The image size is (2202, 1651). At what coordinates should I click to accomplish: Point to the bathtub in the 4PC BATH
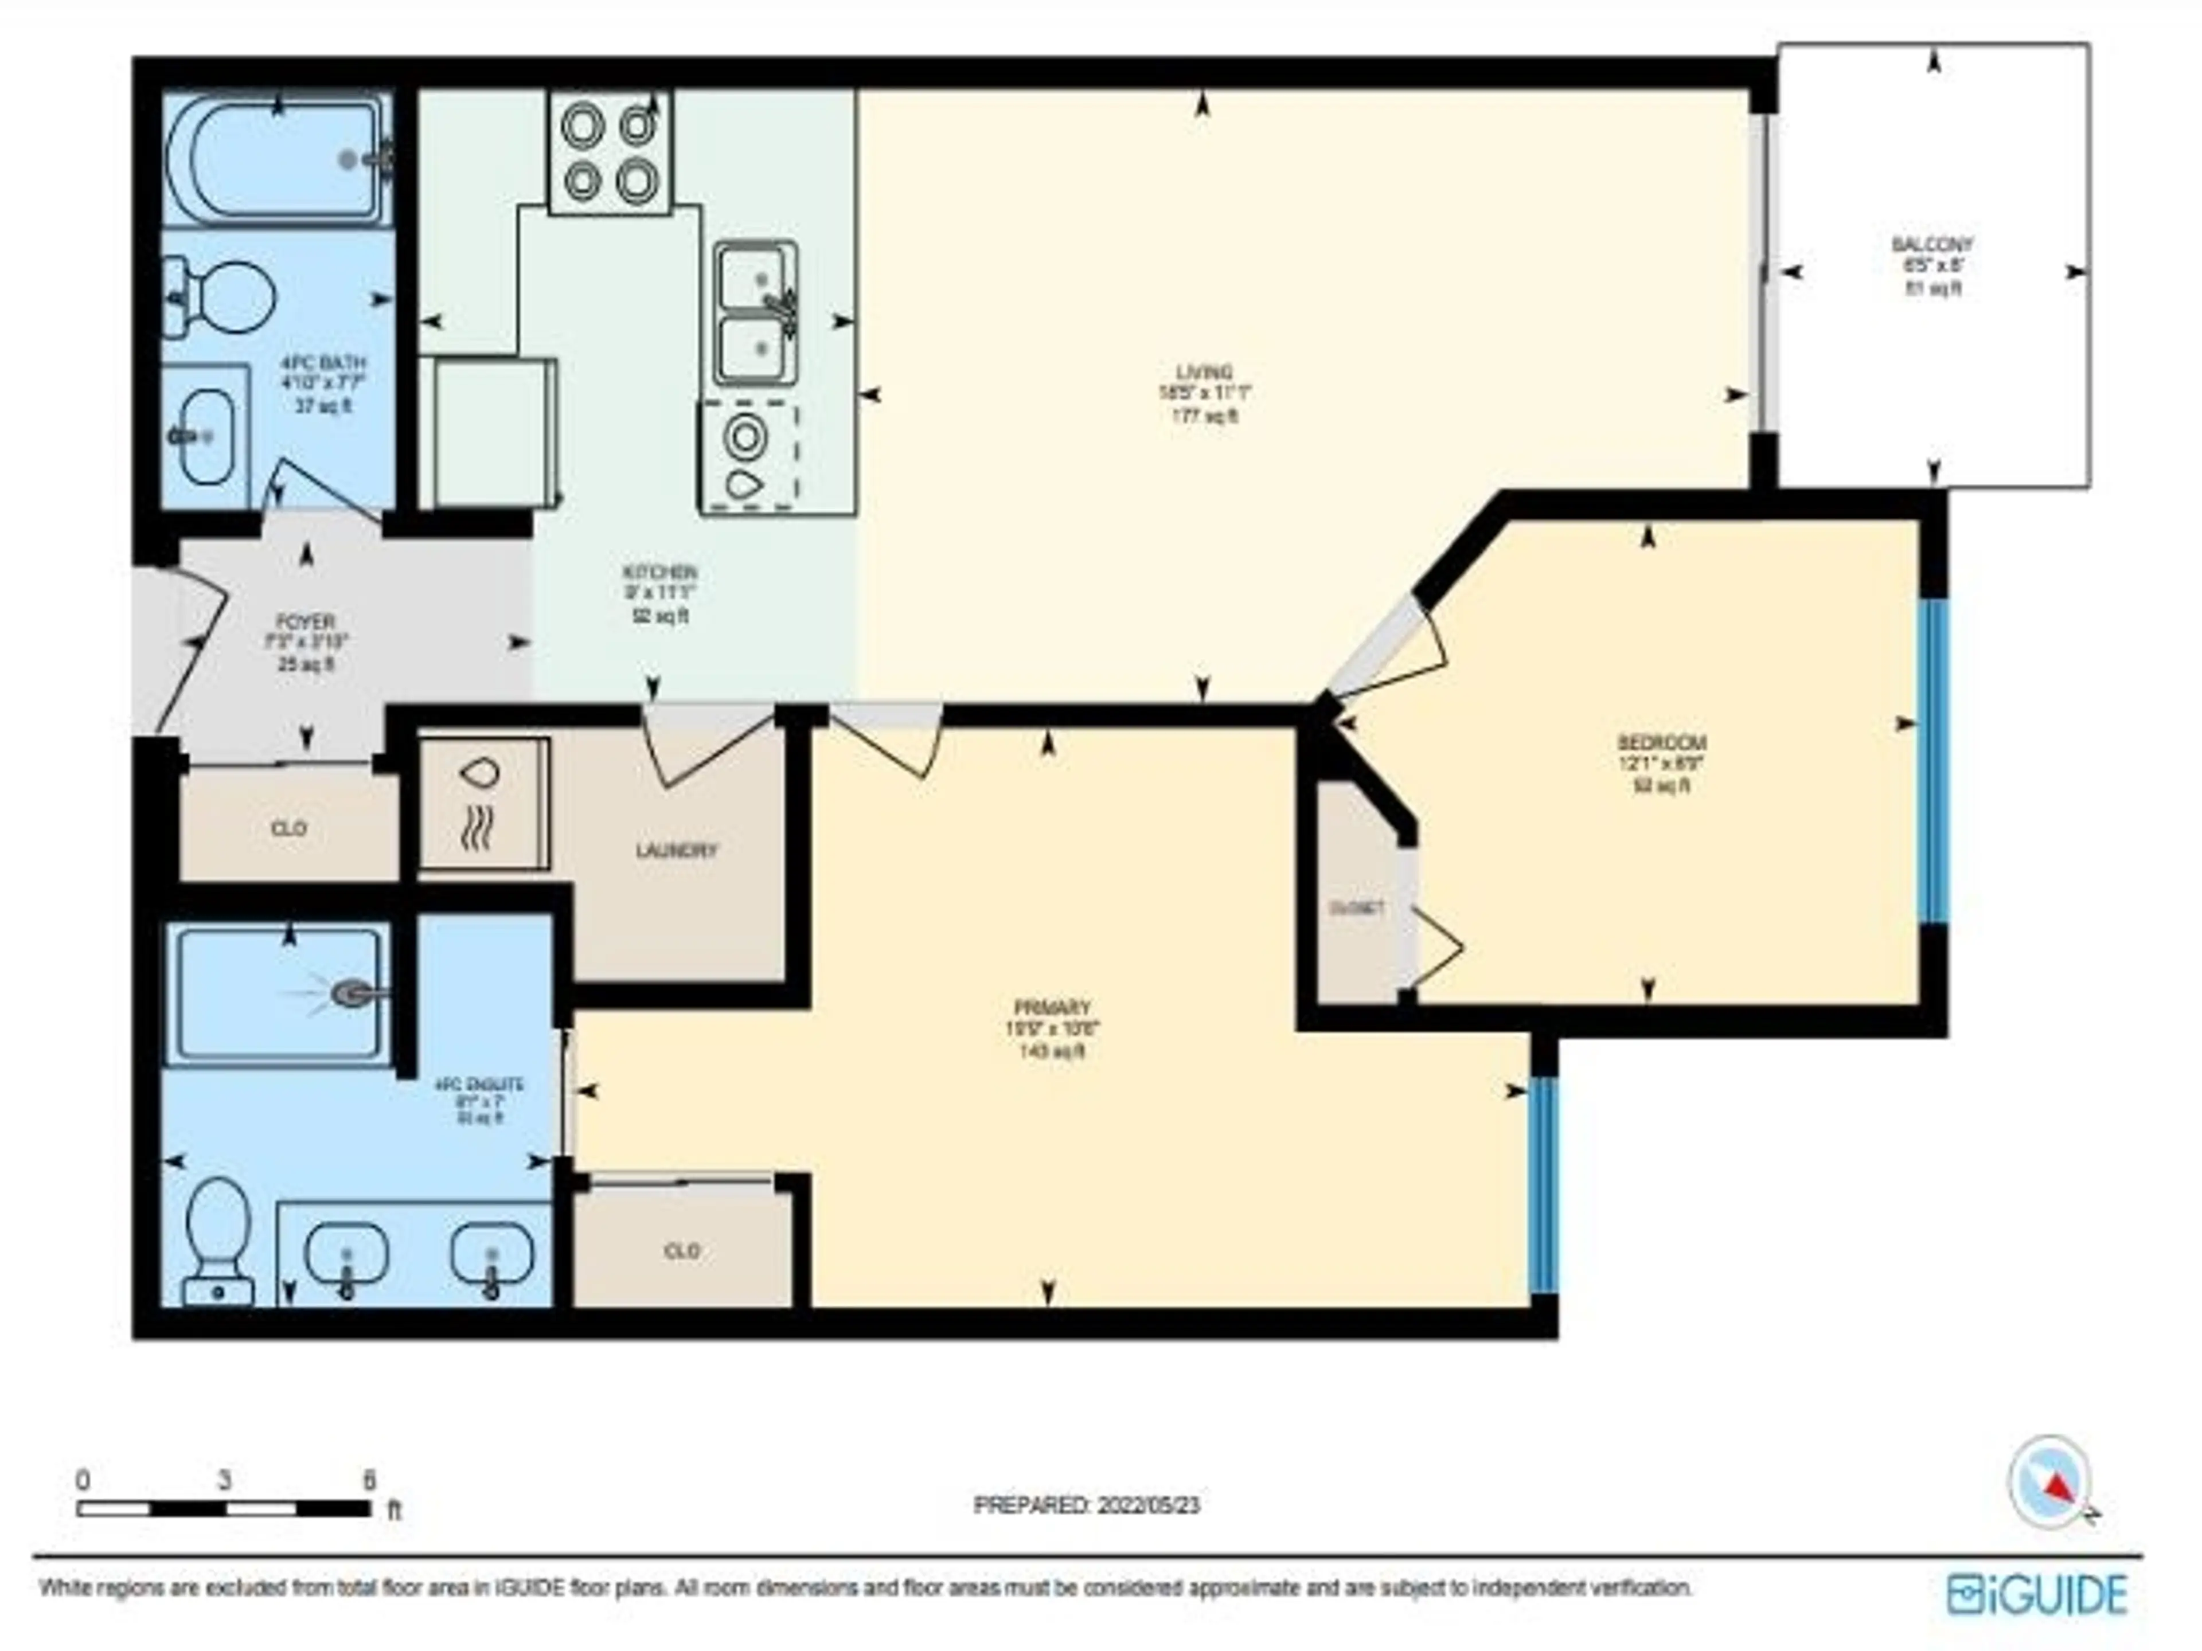pos(278,159)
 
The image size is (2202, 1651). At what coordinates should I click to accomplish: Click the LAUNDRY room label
pos(676,851)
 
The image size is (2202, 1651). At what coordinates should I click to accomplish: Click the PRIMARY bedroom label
pos(1052,1007)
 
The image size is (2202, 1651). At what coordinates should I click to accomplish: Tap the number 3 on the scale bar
pos(225,1481)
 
